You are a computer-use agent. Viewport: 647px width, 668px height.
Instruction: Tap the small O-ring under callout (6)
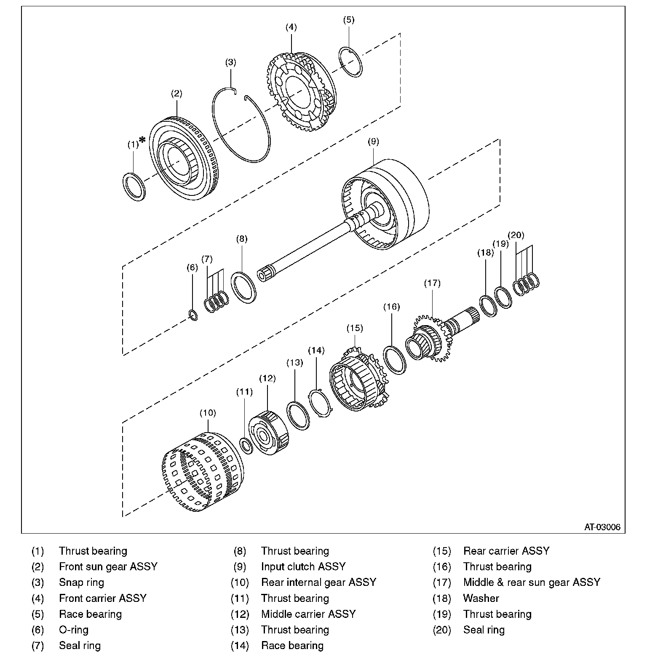[x=192, y=315]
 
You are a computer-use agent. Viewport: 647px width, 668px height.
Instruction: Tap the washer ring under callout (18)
[x=488, y=306]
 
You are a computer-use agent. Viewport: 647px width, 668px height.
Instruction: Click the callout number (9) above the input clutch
[x=373, y=142]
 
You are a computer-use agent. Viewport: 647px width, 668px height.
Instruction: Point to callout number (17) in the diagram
[x=432, y=283]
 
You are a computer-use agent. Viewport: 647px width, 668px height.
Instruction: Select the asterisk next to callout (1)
[x=143, y=140]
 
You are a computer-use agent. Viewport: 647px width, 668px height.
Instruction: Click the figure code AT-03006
[x=602, y=527]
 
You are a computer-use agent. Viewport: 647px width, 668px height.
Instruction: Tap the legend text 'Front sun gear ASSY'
[x=108, y=566]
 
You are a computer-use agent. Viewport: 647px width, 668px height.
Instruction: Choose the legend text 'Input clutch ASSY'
[x=303, y=566]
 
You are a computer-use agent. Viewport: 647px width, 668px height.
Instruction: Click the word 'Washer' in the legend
[x=481, y=598]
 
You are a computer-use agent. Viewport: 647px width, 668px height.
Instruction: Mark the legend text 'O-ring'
[x=74, y=630]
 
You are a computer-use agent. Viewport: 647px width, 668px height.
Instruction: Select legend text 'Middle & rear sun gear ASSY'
[x=532, y=582]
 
